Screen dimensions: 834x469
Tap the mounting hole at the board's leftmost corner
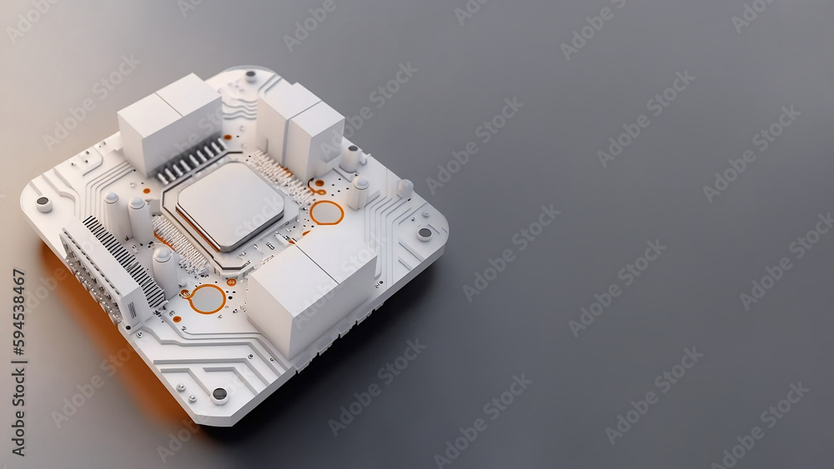tap(43, 202)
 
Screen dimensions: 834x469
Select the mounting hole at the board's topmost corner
tap(250, 75)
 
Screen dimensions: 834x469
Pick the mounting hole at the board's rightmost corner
tap(425, 232)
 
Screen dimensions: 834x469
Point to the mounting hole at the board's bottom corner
tap(219, 393)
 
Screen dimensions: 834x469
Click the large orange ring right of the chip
tap(327, 212)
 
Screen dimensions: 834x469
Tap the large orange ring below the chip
tap(207, 299)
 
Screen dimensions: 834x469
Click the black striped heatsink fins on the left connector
tap(125, 260)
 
